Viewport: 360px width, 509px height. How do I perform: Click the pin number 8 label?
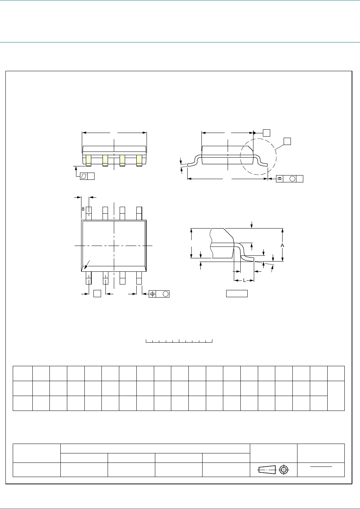point(83,209)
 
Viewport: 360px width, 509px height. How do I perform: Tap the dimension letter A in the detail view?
point(282,245)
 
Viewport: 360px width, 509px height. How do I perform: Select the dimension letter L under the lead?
point(244,280)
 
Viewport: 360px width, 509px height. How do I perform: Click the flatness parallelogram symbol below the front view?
point(84,176)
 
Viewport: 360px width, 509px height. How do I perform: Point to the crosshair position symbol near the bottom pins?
point(152,294)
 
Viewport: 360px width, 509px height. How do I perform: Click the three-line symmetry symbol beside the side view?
point(280,179)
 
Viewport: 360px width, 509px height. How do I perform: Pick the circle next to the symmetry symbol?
point(292,179)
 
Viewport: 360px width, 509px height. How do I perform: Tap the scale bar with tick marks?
point(179,341)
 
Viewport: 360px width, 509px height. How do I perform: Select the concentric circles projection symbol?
point(284,470)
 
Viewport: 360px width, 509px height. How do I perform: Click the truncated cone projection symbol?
point(267,470)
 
